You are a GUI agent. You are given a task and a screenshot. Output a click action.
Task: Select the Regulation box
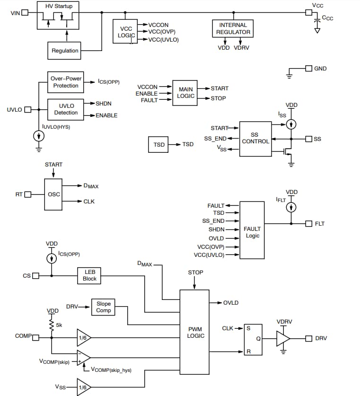[x=65, y=51]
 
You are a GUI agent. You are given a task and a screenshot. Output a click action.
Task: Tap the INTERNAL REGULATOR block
[x=233, y=28]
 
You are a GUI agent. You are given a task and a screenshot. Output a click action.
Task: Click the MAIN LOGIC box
[x=186, y=92]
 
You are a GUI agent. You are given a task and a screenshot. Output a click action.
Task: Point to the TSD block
[x=159, y=144]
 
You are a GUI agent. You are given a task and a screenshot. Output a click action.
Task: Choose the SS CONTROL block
[x=255, y=138]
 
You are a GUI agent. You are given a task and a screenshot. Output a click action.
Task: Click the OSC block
[x=53, y=194]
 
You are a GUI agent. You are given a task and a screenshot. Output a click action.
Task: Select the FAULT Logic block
[x=252, y=230]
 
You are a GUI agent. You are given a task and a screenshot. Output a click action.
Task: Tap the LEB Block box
[x=89, y=275]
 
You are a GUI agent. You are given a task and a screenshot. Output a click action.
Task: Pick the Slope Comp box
[x=103, y=307]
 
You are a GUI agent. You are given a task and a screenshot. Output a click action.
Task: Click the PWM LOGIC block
[x=194, y=332]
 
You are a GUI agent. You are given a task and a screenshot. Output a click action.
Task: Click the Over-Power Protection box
[x=66, y=82]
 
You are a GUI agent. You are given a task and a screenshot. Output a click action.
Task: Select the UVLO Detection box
[x=66, y=109]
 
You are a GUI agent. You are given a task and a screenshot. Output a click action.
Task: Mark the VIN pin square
[x=25, y=13]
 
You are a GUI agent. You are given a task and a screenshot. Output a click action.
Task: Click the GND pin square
[x=308, y=69]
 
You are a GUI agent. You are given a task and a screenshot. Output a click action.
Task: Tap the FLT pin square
[x=308, y=223]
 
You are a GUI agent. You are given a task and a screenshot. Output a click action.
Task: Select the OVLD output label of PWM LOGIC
[x=231, y=303]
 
